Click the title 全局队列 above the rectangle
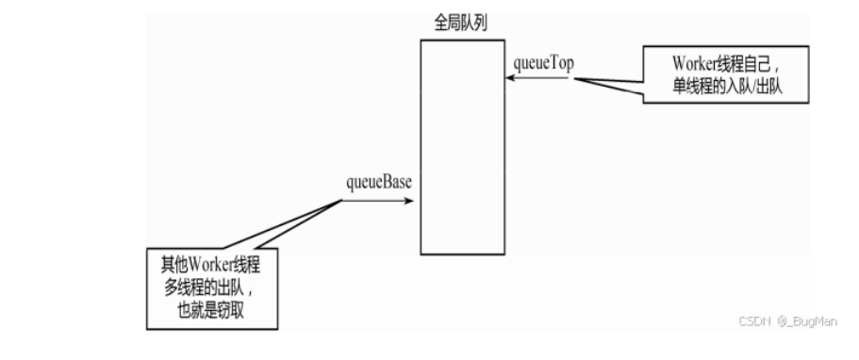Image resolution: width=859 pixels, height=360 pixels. [x=460, y=24]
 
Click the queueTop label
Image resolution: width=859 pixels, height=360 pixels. [x=543, y=63]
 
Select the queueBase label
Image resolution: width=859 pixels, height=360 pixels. [x=378, y=183]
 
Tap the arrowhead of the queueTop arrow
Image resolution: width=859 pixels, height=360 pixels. [x=509, y=78]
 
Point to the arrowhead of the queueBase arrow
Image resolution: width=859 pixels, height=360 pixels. [x=408, y=201]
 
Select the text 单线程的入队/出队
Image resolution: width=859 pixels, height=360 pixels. [x=728, y=87]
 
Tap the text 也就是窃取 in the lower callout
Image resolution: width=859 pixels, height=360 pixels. [x=211, y=311]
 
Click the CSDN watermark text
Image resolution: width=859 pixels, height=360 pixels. [x=754, y=321]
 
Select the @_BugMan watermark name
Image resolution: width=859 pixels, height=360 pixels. [x=807, y=321]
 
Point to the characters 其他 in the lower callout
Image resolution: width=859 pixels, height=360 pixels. [x=174, y=266]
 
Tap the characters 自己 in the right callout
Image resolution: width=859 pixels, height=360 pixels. [x=755, y=64]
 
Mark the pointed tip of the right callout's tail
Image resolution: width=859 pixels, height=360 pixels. [x=574, y=79]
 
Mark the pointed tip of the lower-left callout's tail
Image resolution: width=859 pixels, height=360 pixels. [x=342, y=200]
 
